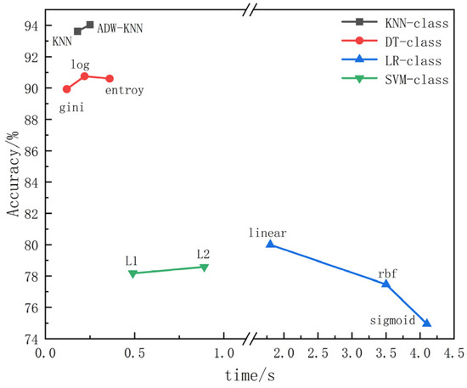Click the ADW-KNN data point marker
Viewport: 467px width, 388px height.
click(90, 25)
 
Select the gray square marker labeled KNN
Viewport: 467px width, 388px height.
click(78, 31)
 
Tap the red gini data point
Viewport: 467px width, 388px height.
click(67, 89)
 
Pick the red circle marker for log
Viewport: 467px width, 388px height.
click(85, 76)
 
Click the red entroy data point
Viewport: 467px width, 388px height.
click(110, 78)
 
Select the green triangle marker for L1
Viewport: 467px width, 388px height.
click(132, 273)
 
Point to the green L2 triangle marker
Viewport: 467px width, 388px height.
click(204, 267)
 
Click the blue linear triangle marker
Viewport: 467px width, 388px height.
click(270, 244)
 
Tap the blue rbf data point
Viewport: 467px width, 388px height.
click(385, 283)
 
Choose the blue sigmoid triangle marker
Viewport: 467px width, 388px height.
click(427, 323)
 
